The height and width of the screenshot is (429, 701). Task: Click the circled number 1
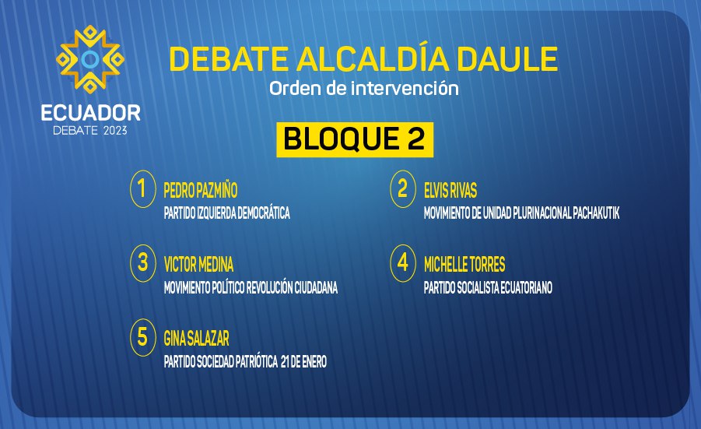click(x=143, y=188)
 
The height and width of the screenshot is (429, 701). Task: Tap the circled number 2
click(x=403, y=188)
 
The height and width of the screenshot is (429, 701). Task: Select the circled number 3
click(x=143, y=263)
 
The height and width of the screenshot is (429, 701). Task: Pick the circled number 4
click(x=403, y=263)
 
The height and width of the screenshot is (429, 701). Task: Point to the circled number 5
click(x=143, y=337)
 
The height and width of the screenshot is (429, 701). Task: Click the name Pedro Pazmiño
click(x=200, y=190)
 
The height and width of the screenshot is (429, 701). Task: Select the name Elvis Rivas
click(x=450, y=191)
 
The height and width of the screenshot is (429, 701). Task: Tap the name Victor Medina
click(x=198, y=265)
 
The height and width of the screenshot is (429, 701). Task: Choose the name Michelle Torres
click(x=464, y=265)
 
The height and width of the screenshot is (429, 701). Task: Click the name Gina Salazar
click(x=196, y=339)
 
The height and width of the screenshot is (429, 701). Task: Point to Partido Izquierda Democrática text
click(x=226, y=213)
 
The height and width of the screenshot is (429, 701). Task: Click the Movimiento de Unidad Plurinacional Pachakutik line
click(x=522, y=213)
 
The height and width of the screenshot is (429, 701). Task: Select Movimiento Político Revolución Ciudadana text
click(x=251, y=287)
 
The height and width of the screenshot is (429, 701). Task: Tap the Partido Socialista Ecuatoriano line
click(x=488, y=287)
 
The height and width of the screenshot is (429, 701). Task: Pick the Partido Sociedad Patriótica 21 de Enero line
click(x=245, y=361)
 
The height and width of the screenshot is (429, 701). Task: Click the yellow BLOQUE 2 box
click(x=355, y=139)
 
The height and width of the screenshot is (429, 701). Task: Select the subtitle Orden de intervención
click(x=364, y=88)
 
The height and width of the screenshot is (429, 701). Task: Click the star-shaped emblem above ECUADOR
click(x=90, y=59)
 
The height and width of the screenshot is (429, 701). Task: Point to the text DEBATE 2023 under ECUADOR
click(x=90, y=131)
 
